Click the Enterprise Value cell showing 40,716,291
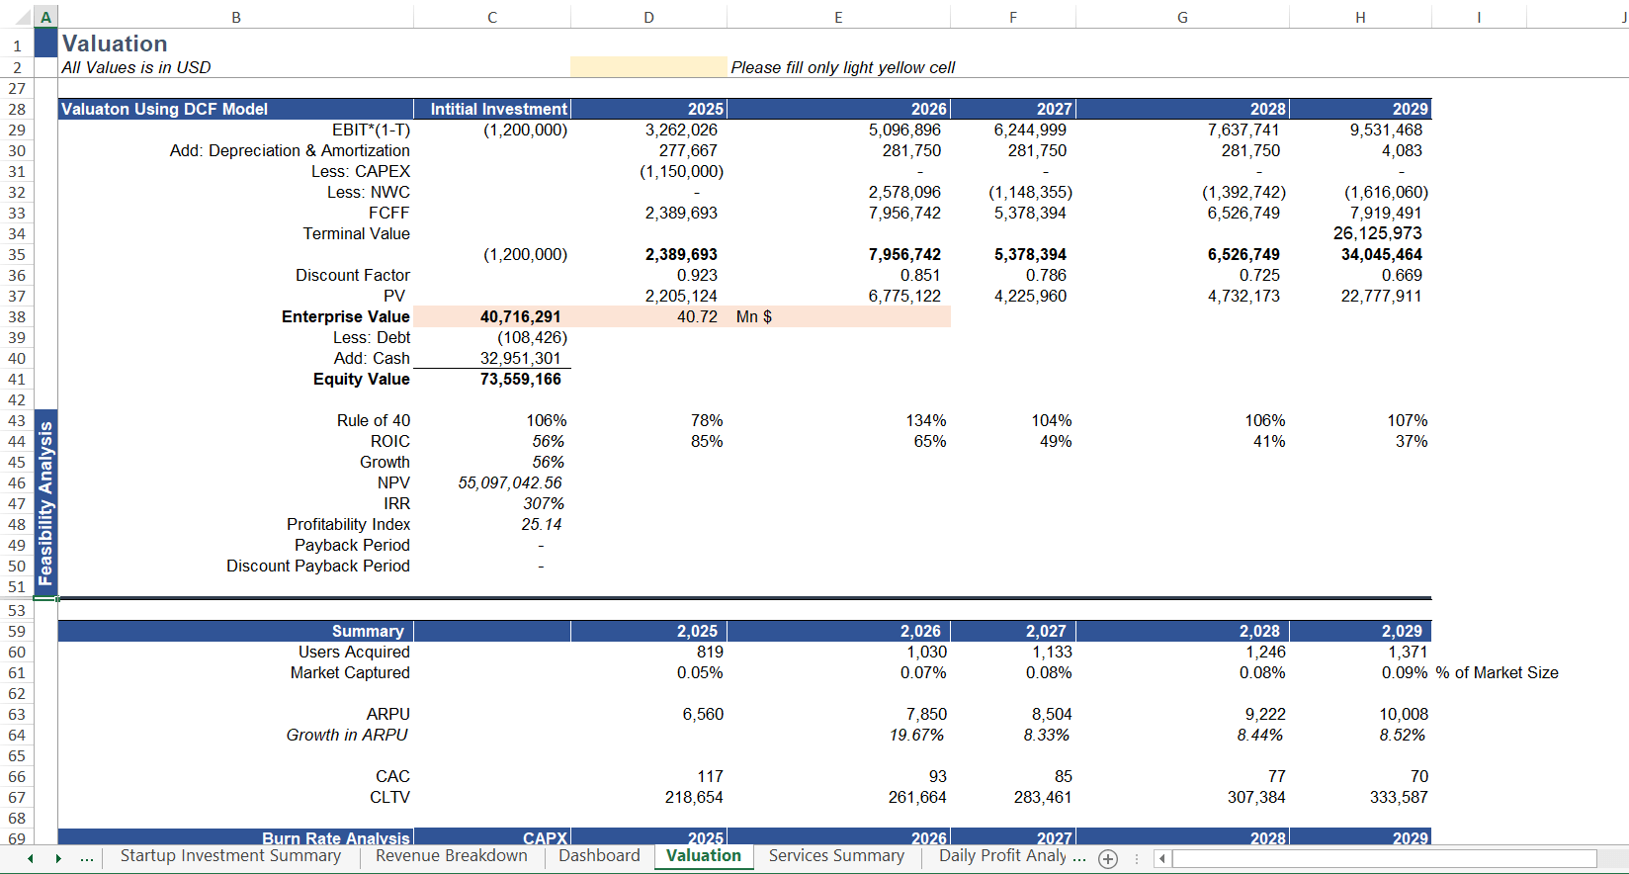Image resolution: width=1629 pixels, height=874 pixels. click(520, 316)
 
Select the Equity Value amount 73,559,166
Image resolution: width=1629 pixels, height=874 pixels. click(520, 379)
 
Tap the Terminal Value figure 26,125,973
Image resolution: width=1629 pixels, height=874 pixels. click(1377, 233)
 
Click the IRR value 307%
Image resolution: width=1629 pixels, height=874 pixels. click(544, 503)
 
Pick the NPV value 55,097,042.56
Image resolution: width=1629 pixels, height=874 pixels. click(510, 482)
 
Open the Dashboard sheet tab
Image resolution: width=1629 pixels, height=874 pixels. click(599, 856)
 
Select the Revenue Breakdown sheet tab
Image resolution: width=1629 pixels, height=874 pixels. click(452, 856)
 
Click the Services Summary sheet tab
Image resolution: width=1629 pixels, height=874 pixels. click(836, 856)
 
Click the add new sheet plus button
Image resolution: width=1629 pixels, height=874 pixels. click(1108, 858)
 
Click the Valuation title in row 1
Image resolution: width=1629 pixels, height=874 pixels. click(115, 44)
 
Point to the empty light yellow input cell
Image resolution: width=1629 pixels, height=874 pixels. click(647, 66)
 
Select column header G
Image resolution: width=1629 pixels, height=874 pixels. click(1182, 17)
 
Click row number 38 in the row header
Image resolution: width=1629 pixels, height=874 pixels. click(17, 316)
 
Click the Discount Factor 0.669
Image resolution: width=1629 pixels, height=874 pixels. click(1402, 275)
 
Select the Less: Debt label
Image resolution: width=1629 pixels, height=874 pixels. click(371, 337)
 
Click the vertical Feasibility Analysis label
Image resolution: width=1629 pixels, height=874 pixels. click(45, 502)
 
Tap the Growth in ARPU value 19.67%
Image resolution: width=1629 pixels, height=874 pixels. click(916, 735)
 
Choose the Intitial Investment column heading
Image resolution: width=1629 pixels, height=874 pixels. click(498, 109)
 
